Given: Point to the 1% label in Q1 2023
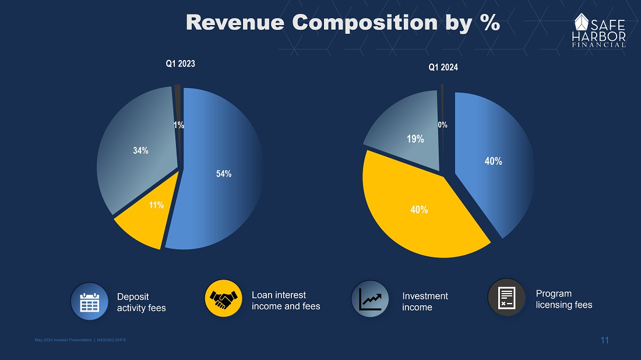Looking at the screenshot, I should click(x=179, y=125).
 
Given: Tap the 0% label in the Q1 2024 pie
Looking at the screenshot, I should click(x=442, y=125).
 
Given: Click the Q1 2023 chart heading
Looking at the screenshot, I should click(x=181, y=64).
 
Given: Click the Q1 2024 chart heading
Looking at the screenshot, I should click(x=443, y=68).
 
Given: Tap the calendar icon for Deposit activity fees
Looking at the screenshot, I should click(x=89, y=301).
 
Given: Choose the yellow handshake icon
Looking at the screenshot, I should click(x=224, y=299).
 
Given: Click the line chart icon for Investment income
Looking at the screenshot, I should click(x=370, y=299).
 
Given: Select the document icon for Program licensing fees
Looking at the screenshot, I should click(x=506, y=297).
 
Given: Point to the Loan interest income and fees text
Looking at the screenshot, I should click(x=286, y=301).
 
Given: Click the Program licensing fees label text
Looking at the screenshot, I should click(x=563, y=299).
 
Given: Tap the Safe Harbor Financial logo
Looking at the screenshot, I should click(x=600, y=30).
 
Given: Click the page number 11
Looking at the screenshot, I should click(x=604, y=340).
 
